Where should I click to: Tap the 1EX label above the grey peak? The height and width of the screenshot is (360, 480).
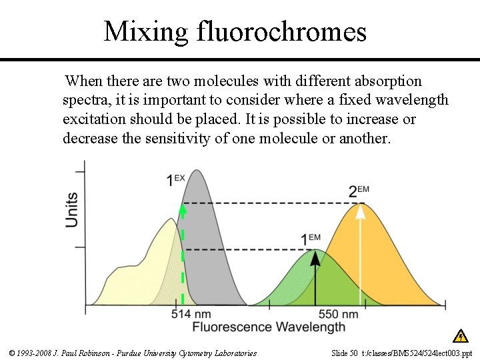tap(175, 179)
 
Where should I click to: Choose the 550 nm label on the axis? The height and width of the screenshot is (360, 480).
tap(338, 314)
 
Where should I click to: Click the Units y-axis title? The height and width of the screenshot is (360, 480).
tap(71, 209)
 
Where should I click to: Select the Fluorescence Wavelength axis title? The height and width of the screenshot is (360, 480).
tap(269, 327)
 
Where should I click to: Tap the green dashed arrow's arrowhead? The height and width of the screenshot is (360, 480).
tap(181, 209)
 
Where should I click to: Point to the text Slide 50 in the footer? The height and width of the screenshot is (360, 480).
tap(344, 353)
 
